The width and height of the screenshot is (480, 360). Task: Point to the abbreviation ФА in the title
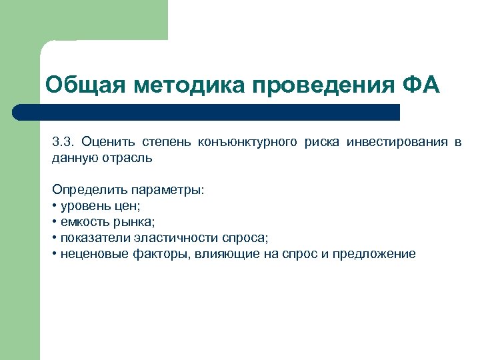422,86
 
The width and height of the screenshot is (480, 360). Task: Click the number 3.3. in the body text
63,143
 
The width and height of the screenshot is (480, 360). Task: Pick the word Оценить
109,143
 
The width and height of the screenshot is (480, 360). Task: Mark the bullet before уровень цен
55,206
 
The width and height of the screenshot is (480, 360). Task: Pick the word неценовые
89,254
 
